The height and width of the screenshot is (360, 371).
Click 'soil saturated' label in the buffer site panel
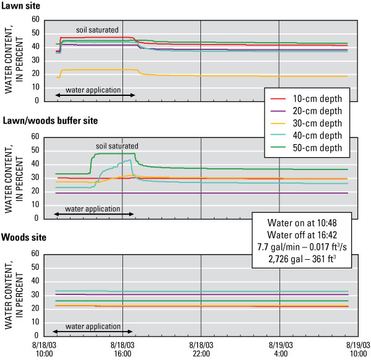point(117,146)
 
